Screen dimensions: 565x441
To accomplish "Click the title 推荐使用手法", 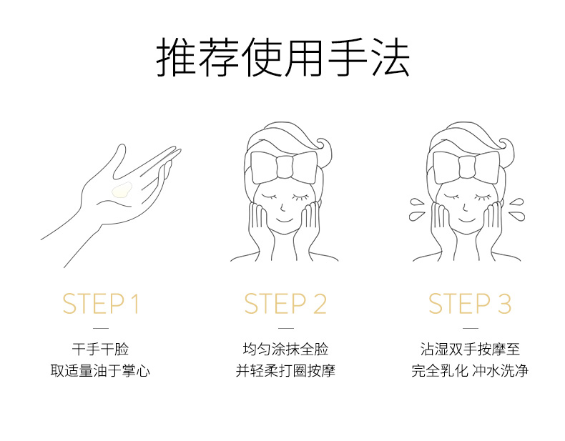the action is pos(283,57).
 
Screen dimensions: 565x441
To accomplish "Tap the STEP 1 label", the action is pos(101,304).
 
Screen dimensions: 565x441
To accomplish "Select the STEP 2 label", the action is pos(285,304).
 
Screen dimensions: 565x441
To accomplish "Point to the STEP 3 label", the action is pos(470,304).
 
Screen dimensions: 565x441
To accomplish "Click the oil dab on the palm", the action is pos(122,190).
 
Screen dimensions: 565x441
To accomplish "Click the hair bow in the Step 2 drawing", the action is pos(285,167).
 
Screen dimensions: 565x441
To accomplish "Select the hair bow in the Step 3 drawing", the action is pos(466,167).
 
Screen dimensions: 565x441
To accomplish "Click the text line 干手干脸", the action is pos(101,349).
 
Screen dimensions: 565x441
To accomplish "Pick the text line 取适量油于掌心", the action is pos(100,370).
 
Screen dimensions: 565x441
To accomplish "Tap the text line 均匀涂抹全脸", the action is pos(285,349).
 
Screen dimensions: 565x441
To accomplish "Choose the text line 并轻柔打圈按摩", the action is pos(285,370).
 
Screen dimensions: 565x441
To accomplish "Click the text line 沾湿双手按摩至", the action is pos(470,349).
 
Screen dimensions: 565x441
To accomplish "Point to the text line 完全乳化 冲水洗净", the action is pos(470,370).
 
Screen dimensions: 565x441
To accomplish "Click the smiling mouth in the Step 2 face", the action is pos(285,219).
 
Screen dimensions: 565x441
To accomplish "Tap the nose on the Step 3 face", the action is pos(465,207).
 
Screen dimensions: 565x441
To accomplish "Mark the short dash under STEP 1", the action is pos(101,328).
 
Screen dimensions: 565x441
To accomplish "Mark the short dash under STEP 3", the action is pos(470,328).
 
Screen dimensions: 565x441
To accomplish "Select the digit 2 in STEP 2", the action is pos(320,304).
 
